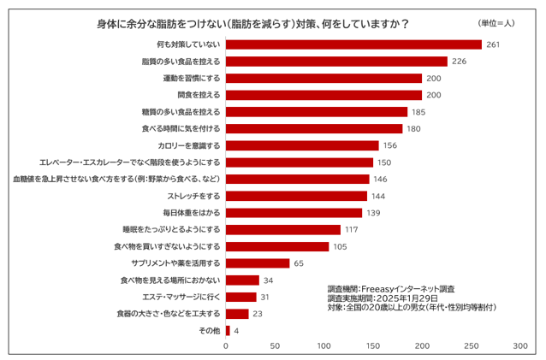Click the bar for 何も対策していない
[x=353, y=44]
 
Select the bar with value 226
[x=336, y=62]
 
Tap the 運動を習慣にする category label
[x=192, y=78]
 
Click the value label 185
[x=418, y=112]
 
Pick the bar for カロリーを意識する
[x=302, y=145]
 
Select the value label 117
[x=352, y=229]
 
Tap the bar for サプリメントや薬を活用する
[x=258, y=263]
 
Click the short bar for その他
[x=228, y=330]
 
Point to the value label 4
[x=236, y=330]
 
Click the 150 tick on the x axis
[x=373, y=346]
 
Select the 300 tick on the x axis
[x=520, y=346]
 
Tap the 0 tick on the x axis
[x=226, y=346]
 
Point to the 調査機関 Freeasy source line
[x=391, y=289]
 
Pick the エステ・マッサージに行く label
[x=181, y=297]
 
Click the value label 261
[x=493, y=44]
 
